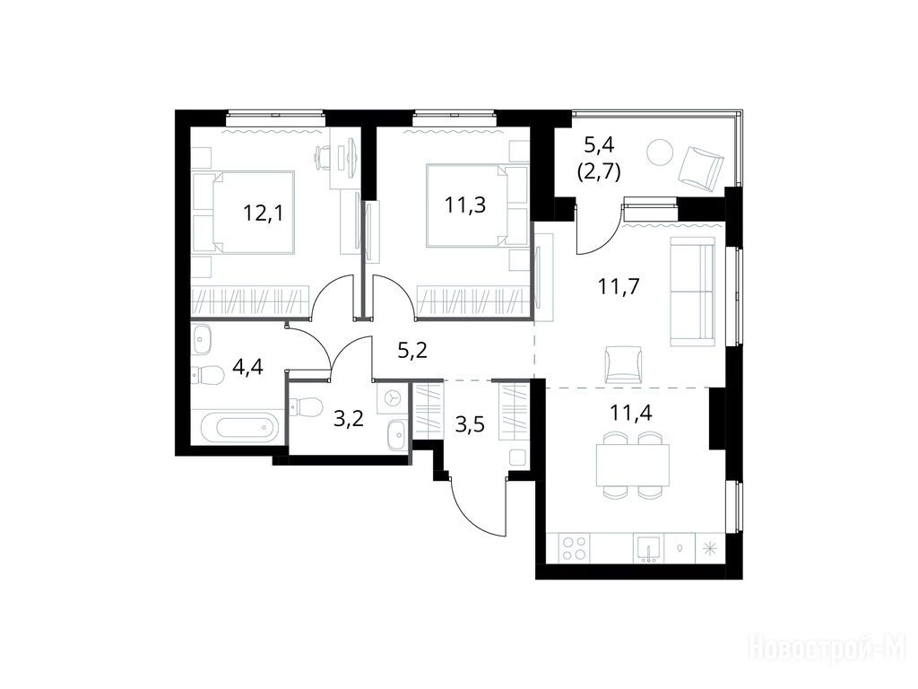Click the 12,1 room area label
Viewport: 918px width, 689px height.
[x=263, y=214]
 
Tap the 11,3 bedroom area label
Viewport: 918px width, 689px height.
[x=465, y=205]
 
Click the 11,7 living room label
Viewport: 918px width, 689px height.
[x=619, y=287]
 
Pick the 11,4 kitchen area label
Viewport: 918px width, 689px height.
[x=630, y=413]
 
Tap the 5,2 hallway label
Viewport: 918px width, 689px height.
[x=412, y=351]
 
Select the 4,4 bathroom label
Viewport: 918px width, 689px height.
[x=247, y=367]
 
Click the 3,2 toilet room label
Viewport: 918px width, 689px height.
[x=349, y=418]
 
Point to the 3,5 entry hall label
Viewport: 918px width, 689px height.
[x=470, y=423]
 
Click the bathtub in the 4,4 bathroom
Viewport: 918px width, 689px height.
[x=238, y=427]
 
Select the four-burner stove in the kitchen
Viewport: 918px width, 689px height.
[x=574, y=548]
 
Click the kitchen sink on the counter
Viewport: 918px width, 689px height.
[x=648, y=548]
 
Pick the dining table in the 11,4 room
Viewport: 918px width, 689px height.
[x=632, y=466]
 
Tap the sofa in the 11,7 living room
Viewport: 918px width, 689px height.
[x=692, y=292]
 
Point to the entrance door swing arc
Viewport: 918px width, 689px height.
[x=473, y=513]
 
